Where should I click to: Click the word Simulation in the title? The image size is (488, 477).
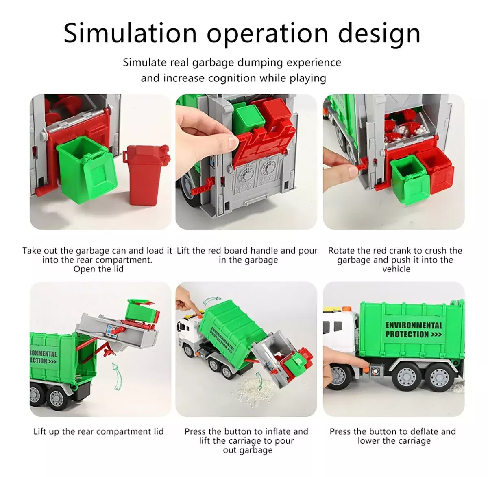(x=130, y=33)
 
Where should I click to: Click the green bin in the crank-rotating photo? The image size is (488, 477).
(x=409, y=179)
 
